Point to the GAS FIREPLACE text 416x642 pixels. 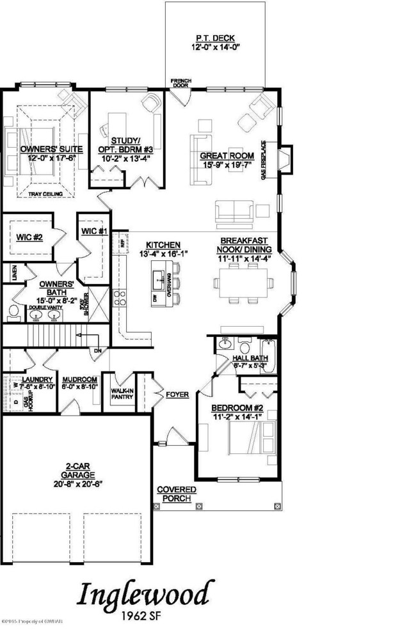[x=263, y=159]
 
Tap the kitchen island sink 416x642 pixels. [x=157, y=278]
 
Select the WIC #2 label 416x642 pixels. [x=29, y=237]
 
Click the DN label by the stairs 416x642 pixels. [x=98, y=350]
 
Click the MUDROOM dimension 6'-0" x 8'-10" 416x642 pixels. [x=79, y=386]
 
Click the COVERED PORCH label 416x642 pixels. [x=177, y=494]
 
